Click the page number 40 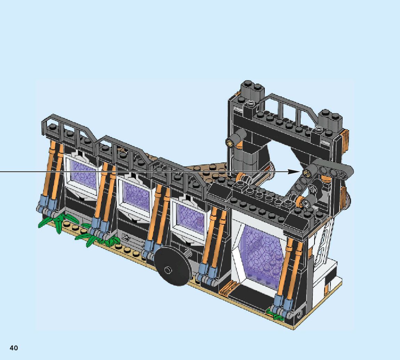pyautogui.click(x=14, y=348)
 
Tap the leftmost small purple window pyautogui.click(x=83, y=175)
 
